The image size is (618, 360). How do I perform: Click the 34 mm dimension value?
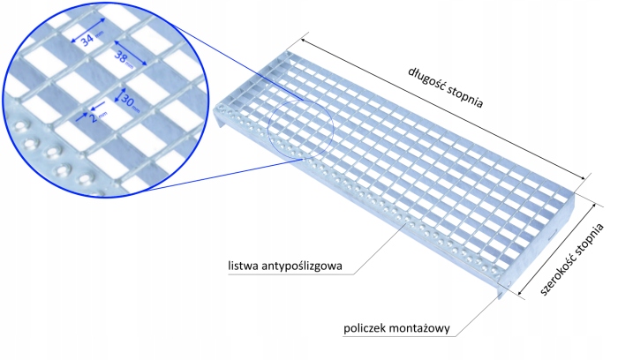coord(88,41)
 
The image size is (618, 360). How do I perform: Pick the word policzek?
coord(366,330)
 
